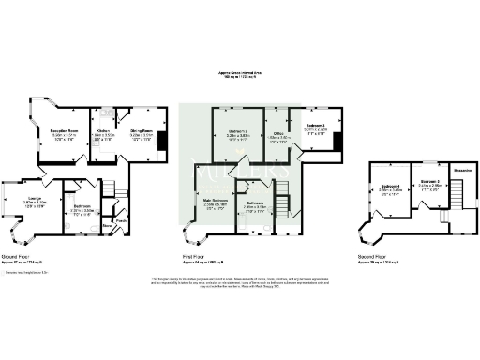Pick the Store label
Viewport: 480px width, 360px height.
point(107,225)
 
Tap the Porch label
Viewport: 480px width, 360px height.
point(123,221)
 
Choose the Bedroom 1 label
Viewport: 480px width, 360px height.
point(315,125)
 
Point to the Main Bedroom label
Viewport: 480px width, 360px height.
point(217,200)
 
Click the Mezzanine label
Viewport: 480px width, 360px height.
point(462,171)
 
